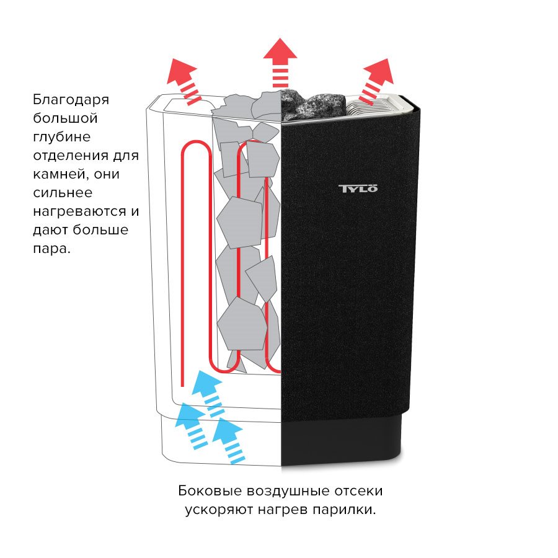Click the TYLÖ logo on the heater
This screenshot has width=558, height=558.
tap(358, 188)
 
